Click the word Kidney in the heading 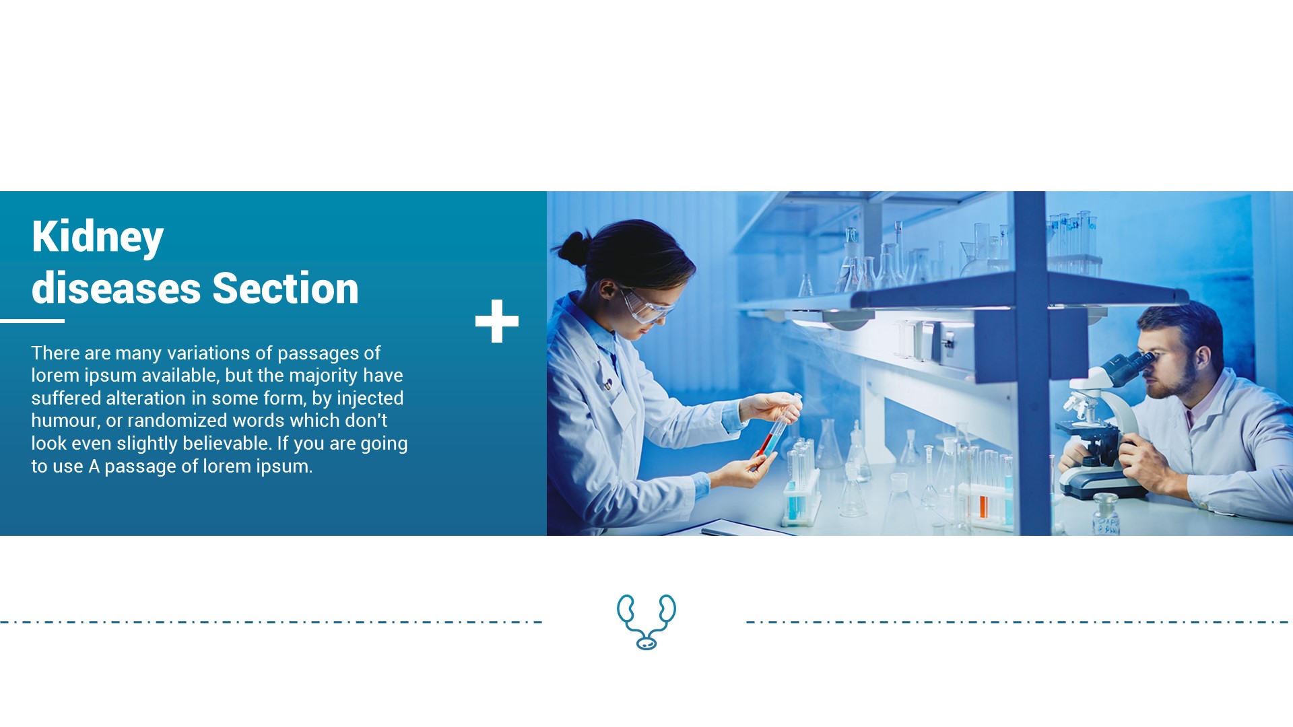coord(98,237)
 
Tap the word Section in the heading coord(286,289)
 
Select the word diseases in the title coord(116,289)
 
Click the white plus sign coord(497,321)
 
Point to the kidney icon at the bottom coord(646,621)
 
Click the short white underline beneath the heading coord(32,321)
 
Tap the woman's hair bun coord(574,248)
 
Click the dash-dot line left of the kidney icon coord(269,622)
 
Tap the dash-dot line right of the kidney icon coord(1017,622)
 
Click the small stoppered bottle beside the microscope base coord(1105,515)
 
